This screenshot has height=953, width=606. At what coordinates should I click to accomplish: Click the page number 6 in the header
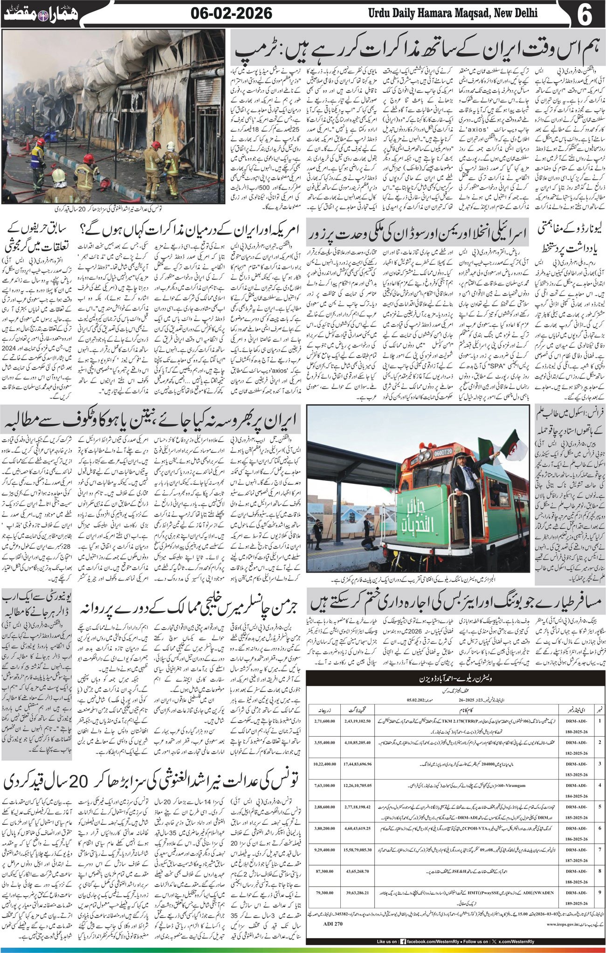(x=584, y=14)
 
